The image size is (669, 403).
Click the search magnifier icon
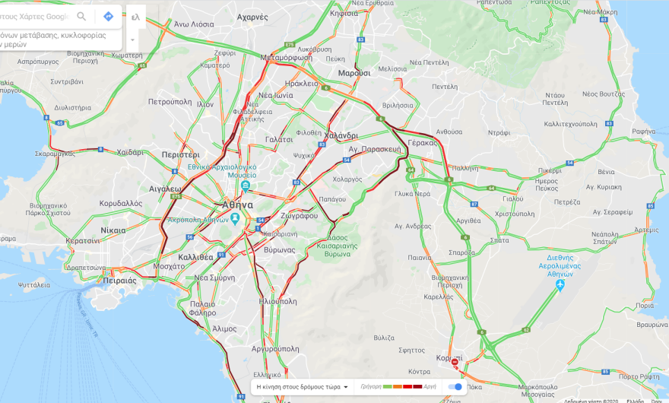81,16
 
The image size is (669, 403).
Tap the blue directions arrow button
108,16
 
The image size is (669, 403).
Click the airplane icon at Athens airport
560,285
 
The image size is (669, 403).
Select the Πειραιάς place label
117,281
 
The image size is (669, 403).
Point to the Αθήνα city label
238,205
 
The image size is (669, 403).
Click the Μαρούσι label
354,73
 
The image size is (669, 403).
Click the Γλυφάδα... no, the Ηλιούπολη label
277,301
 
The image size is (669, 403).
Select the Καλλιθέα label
195,257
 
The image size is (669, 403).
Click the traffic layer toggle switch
455,386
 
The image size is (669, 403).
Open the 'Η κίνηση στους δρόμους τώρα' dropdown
302,386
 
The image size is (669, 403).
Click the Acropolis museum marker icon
235,219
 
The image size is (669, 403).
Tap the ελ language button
135,16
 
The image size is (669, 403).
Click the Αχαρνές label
252,17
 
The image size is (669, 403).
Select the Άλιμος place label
224,328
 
